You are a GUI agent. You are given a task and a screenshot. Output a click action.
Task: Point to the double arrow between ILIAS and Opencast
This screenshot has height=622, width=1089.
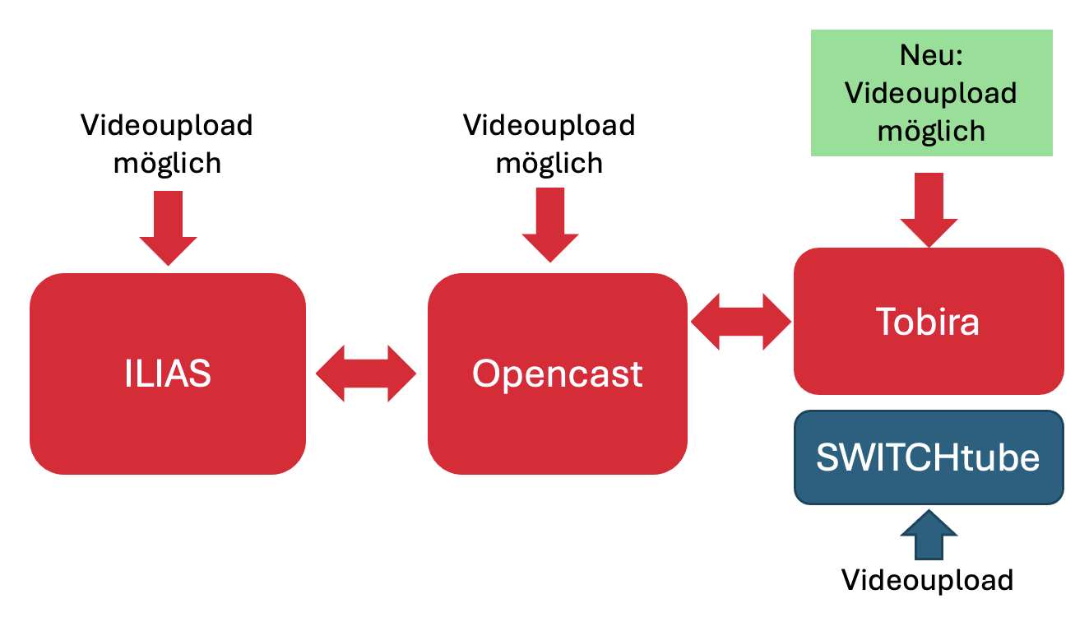(x=366, y=374)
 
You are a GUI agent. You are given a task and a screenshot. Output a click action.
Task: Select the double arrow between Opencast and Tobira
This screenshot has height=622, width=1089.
(x=740, y=322)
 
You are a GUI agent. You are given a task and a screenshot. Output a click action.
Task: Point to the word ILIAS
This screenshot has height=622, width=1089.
(x=167, y=374)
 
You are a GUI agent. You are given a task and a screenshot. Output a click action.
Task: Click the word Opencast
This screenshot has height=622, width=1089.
(x=557, y=374)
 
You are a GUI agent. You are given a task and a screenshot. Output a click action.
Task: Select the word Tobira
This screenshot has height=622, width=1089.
(x=929, y=322)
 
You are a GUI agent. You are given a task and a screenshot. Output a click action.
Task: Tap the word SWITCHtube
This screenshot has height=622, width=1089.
(x=928, y=457)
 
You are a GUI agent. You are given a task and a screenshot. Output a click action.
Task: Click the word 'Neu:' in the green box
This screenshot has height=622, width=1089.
(x=931, y=55)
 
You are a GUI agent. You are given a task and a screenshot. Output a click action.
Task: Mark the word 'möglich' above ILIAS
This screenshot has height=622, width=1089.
(x=167, y=163)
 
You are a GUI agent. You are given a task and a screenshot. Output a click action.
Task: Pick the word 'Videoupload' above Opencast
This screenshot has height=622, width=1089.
(x=549, y=125)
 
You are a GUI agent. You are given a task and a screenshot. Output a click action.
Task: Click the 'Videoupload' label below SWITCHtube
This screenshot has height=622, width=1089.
(x=927, y=580)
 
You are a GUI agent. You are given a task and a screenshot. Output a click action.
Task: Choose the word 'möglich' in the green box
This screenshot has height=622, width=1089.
(x=931, y=130)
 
